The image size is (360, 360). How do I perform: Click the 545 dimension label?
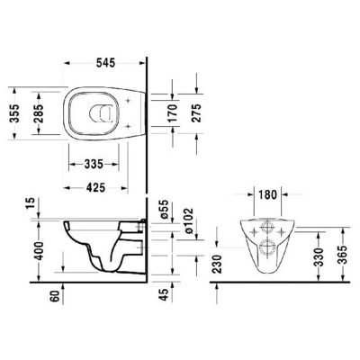106,65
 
